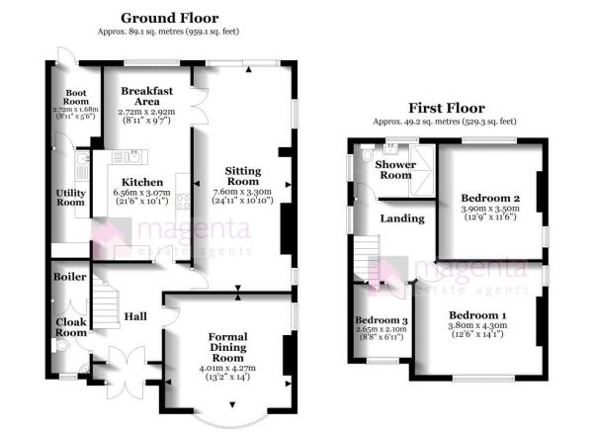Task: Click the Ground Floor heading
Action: [x=169, y=18]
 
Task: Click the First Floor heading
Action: [x=447, y=108]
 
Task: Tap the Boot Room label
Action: [x=76, y=97]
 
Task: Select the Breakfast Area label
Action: [x=146, y=96]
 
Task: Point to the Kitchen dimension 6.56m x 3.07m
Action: [x=142, y=193]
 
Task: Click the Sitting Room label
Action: [x=243, y=176]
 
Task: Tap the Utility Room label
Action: [x=70, y=198]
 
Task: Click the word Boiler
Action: [x=70, y=277]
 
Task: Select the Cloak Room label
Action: [x=71, y=327]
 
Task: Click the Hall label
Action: [x=135, y=316]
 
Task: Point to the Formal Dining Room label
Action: [x=228, y=347]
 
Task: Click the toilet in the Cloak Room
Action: [x=60, y=345]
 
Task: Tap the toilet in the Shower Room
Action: [x=368, y=152]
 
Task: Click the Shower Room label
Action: [x=395, y=170]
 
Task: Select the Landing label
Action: [x=402, y=218]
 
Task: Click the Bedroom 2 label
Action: [x=490, y=198]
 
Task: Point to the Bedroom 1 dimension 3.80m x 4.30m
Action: [x=477, y=325]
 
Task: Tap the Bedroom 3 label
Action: [x=382, y=320]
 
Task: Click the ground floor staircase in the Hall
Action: [x=106, y=303]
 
